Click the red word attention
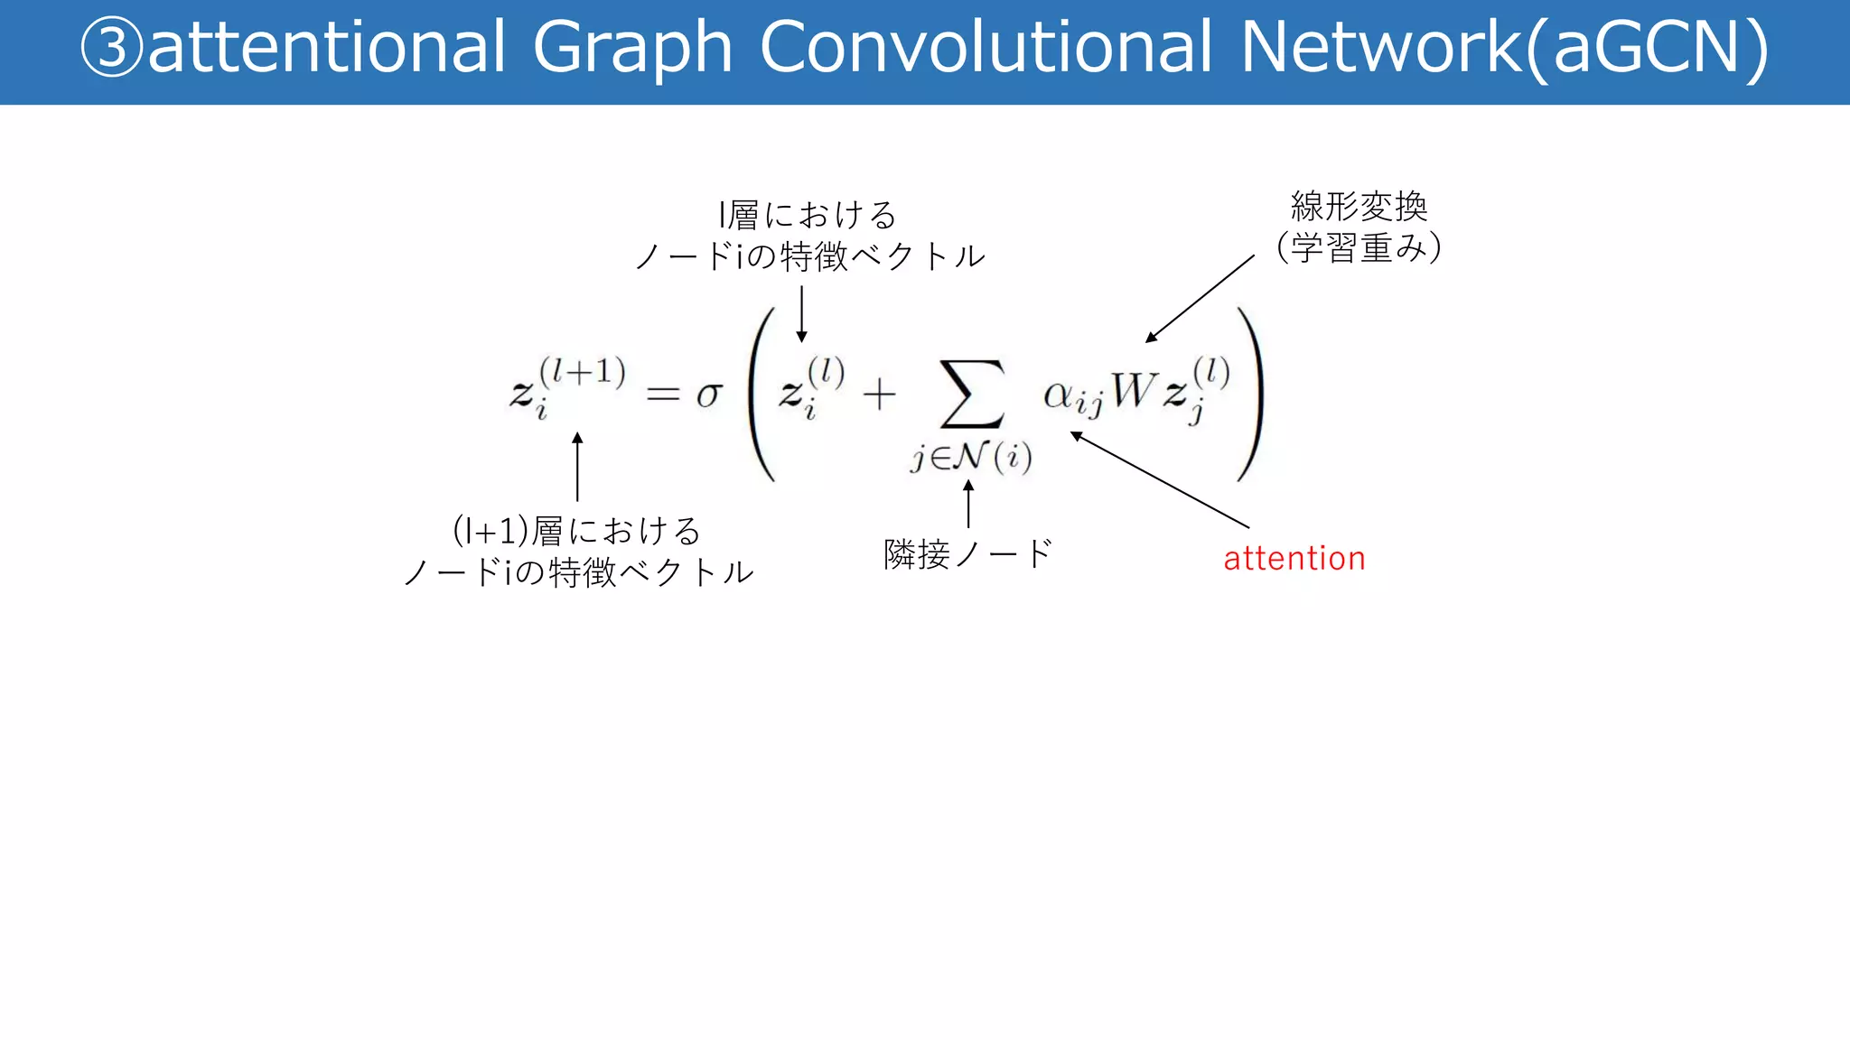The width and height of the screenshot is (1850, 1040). (1294, 559)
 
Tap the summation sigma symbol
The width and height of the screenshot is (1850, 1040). (972, 394)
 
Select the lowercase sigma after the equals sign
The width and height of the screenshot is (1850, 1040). (709, 395)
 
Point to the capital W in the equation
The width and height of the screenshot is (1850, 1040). (1133, 391)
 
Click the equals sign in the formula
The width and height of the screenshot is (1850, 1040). (662, 394)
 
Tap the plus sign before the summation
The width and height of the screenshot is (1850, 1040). (879, 395)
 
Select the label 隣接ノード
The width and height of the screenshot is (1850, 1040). (968, 553)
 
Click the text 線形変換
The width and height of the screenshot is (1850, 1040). (1359, 207)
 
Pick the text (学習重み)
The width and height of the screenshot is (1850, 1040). (1359, 247)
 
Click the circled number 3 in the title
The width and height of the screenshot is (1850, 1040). (112, 47)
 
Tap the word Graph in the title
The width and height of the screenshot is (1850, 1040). (631, 47)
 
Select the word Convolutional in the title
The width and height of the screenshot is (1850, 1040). (986, 47)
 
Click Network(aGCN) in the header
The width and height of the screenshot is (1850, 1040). (1504, 47)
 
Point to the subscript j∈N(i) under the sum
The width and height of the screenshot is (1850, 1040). (971, 457)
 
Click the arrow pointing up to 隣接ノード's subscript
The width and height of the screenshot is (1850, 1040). (968, 504)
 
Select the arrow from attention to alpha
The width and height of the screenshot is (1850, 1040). (1160, 480)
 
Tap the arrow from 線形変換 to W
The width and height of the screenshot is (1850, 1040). (1200, 298)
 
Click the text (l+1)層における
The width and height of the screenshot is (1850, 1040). (576, 531)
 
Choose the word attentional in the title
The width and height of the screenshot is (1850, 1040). (326, 47)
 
